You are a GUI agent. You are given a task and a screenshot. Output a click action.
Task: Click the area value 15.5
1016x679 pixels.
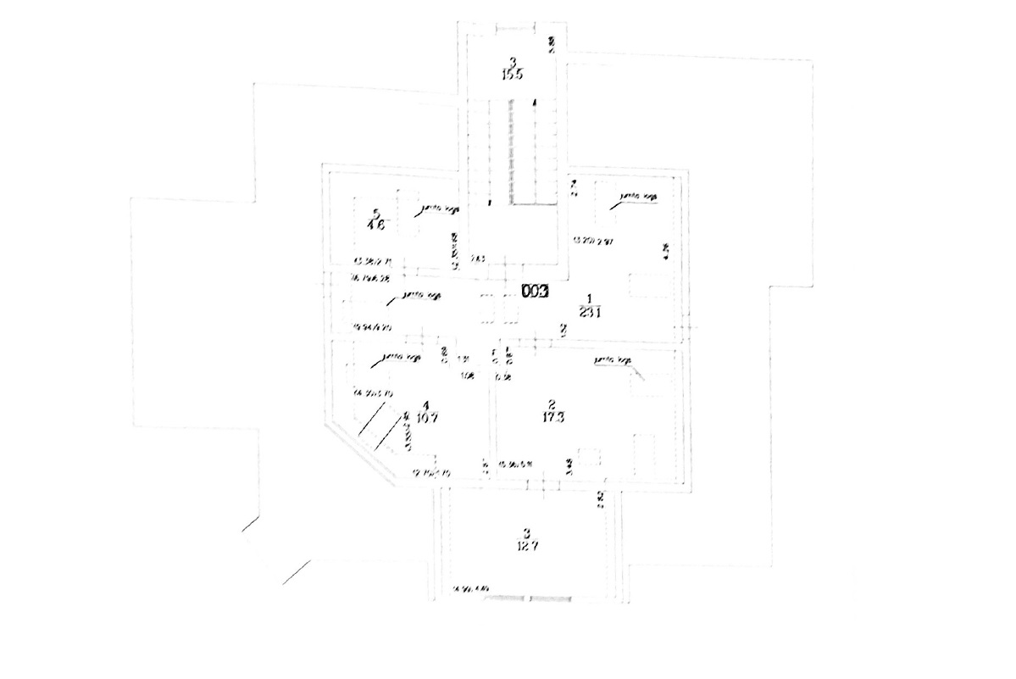point(512,74)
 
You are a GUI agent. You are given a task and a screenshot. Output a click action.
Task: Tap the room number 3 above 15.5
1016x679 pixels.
point(512,61)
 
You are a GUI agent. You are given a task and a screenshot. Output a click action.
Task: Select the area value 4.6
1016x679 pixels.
point(376,225)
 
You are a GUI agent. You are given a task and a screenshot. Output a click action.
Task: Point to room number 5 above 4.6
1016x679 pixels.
point(375,213)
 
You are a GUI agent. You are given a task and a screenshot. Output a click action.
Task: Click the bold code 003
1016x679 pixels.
point(536,292)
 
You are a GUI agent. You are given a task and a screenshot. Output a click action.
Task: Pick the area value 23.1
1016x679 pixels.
point(589,311)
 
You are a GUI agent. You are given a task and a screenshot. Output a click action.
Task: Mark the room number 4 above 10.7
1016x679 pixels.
point(426,404)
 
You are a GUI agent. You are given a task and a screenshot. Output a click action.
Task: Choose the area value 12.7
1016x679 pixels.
point(527,546)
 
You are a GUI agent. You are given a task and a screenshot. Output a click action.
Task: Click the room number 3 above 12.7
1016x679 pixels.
point(527,533)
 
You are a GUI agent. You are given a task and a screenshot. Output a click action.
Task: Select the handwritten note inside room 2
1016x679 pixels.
point(613,361)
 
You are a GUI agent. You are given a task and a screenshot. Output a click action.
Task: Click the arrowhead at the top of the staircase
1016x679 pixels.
point(534,102)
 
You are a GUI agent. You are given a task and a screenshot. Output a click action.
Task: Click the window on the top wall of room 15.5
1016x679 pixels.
point(512,27)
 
